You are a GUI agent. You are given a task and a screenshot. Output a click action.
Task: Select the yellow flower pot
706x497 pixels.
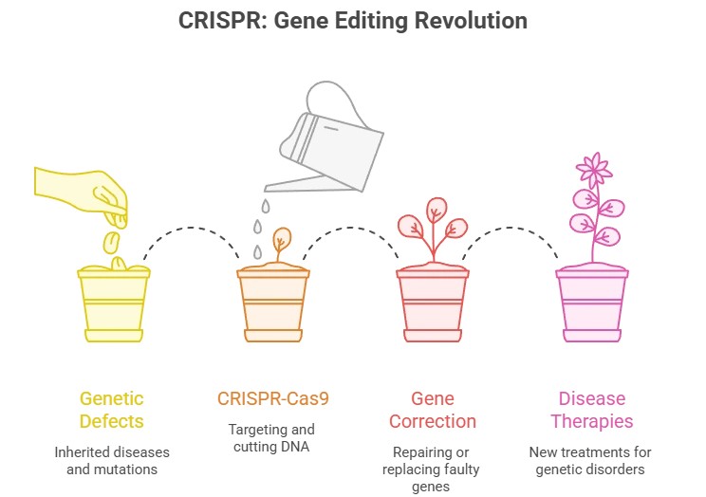112,304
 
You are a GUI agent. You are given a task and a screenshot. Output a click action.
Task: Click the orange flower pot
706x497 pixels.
271,304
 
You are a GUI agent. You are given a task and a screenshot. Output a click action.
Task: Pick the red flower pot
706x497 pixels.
432,304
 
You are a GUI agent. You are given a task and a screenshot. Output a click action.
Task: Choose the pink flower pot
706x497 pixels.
591,304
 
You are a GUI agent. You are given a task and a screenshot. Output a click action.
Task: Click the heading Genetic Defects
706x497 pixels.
113,409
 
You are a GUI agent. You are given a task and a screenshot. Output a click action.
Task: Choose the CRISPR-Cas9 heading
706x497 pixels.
272,399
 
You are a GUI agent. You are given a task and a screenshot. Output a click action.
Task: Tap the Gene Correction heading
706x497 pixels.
432,409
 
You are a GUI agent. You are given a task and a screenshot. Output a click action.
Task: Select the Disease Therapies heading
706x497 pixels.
592,409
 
